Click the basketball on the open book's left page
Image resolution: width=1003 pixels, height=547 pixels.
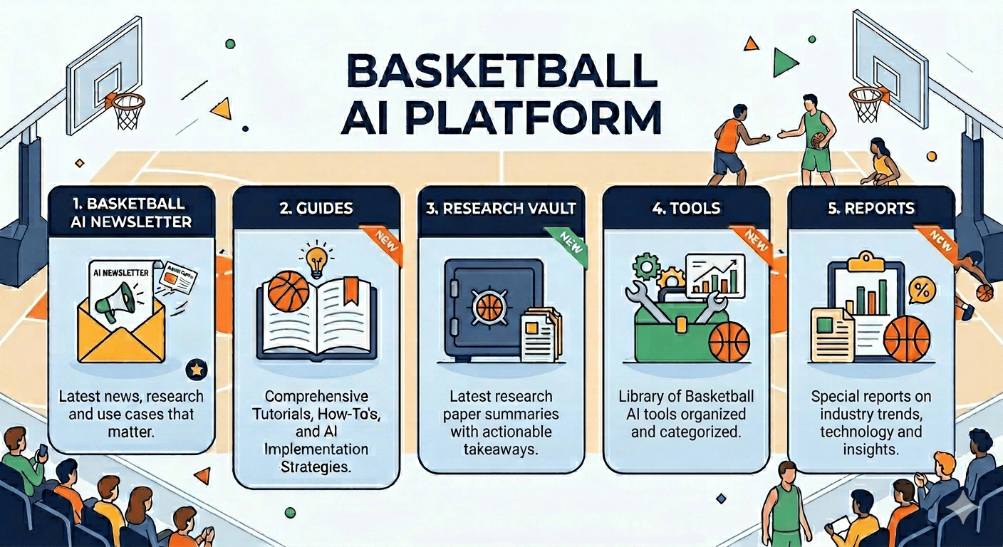288,291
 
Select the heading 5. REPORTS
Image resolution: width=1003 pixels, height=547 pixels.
871,209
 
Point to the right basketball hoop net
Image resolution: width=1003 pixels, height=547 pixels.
868,107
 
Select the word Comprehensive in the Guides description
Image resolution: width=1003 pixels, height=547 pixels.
317,395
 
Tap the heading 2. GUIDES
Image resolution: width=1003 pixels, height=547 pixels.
316,209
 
